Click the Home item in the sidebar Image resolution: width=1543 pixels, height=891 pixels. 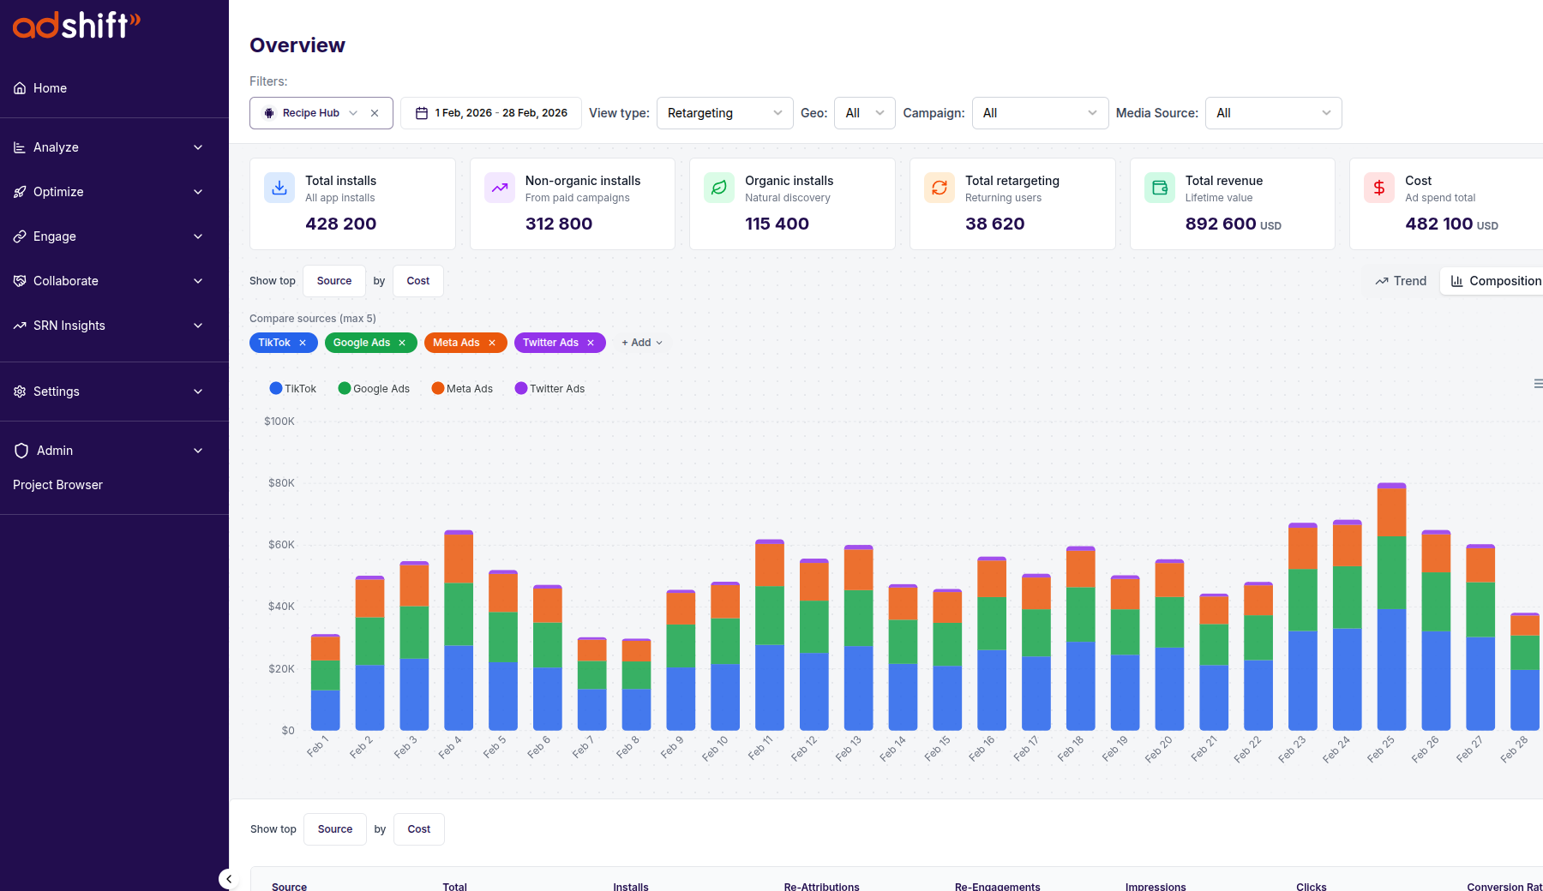tap(50, 88)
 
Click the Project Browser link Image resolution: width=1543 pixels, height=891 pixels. tap(57, 485)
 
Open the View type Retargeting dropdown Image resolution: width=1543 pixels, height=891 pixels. tap(724, 113)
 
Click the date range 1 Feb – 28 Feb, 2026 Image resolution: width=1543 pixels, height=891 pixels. tap(491, 113)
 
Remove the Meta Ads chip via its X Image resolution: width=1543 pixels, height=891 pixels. tap(492, 343)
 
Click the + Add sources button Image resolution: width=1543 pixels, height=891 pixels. tap(641, 343)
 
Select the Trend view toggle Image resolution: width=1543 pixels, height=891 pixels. tap(1401, 281)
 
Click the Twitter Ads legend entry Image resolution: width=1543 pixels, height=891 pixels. tap(549, 389)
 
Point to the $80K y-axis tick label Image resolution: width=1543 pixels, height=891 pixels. tap(281, 483)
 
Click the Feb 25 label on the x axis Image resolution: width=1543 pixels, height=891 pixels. tap(1380, 749)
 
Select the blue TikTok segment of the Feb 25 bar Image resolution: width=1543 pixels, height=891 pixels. tap(1391, 668)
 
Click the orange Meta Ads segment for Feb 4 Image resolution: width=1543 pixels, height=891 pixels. tap(459, 559)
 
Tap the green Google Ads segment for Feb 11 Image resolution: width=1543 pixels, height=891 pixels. tap(769, 615)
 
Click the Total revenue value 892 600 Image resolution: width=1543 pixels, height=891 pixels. tap(1220, 224)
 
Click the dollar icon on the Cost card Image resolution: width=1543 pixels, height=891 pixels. tap(1379, 188)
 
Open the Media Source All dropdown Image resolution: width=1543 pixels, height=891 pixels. tap(1273, 113)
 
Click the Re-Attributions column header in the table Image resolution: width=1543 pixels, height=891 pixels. tap(821, 886)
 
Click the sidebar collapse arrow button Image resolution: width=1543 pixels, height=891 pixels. tap(228, 879)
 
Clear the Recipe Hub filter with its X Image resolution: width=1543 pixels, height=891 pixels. tap(375, 113)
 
